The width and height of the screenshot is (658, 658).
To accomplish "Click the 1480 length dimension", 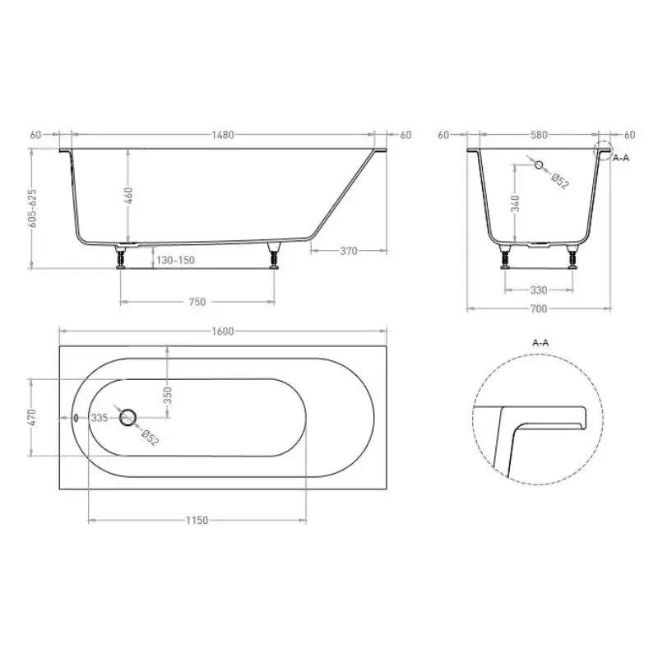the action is pyautogui.click(x=222, y=135).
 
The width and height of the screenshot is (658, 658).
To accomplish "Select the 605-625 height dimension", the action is pyautogui.click(x=32, y=208).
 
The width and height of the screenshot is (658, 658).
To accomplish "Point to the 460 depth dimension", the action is pyautogui.click(x=129, y=196).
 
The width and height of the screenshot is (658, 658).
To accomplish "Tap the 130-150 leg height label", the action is pyautogui.click(x=175, y=260).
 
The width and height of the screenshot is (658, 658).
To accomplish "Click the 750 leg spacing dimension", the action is pyautogui.click(x=197, y=302).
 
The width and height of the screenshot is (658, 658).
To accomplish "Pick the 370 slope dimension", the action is pyautogui.click(x=349, y=251).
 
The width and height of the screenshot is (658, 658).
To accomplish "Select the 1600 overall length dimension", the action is pyautogui.click(x=222, y=331).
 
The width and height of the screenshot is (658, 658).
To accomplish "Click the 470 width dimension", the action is pyautogui.click(x=32, y=417).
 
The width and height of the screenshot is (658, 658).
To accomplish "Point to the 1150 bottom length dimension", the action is pyautogui.click(x=197, y=521).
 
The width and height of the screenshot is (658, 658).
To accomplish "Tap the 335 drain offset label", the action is pyautogui.click(x=100, y=418).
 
